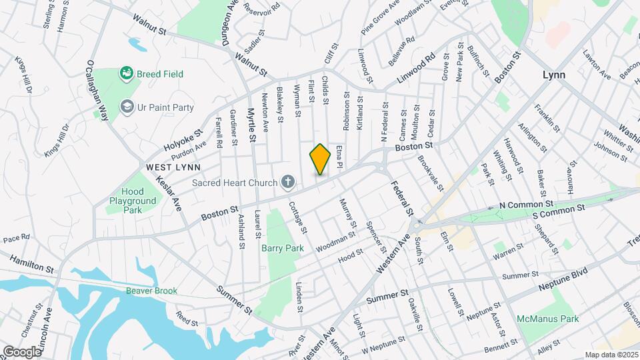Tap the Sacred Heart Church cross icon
coord(288,181)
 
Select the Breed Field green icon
coord(125,73)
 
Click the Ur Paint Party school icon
coord(127,107)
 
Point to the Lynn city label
coord(553,75)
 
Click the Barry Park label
coord(282,248)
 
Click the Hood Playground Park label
coord(133,201)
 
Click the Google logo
coord(23,351)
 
